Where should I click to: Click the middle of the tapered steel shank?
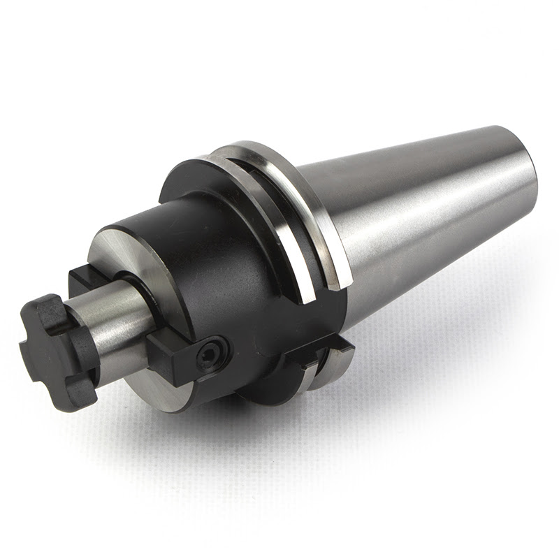pyautogui.click(x=419, y=210)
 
